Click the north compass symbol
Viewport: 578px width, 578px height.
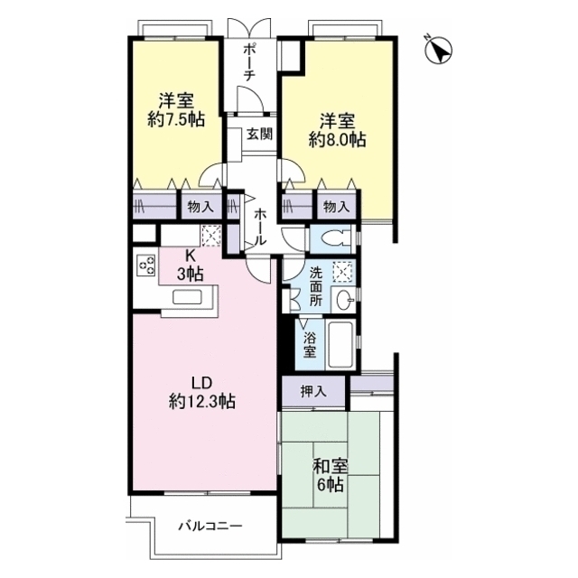439,50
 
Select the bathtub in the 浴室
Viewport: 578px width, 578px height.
341,345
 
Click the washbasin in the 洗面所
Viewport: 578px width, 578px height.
343,300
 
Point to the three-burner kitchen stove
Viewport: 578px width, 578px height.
146,266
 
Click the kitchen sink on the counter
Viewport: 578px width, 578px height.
187,297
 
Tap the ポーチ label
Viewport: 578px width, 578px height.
250,62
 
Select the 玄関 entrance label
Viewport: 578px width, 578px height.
259,135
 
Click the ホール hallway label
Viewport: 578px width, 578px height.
260,227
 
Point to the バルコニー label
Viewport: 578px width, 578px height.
210,526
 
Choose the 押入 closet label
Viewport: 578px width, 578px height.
313,391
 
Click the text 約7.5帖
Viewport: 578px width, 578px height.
176,119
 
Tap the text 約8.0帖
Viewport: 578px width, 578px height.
337,140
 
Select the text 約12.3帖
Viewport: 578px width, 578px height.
202,401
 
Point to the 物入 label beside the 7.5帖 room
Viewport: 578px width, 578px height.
200,207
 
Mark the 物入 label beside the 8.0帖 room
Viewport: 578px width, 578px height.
336,207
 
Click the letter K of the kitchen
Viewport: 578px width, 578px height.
190,255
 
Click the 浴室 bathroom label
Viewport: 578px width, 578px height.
310,345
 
